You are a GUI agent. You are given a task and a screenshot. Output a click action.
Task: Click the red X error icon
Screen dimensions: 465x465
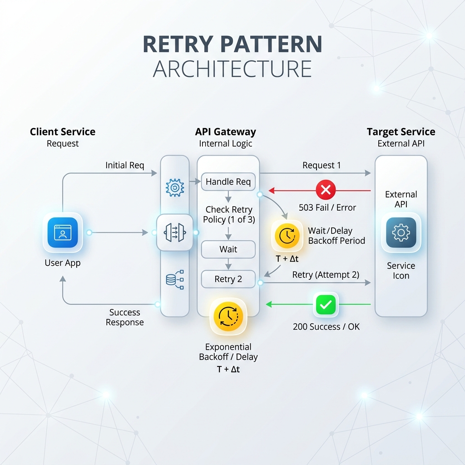[326, 189]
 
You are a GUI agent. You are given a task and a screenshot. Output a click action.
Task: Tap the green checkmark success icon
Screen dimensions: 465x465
[326, 304]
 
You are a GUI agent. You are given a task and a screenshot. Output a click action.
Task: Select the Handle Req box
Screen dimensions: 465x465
[228, 182]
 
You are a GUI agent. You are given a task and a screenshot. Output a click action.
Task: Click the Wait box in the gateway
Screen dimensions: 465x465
[228, 249]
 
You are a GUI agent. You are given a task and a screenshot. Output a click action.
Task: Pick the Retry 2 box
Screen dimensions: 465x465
[228, 279]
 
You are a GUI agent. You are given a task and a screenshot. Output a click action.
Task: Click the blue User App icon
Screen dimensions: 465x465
[63, 232]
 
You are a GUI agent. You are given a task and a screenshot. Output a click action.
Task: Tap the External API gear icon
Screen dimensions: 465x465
[401, 232]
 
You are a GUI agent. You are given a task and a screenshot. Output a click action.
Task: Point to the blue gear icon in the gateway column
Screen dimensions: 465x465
[175, 188]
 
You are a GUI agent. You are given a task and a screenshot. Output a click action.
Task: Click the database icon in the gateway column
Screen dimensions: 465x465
[175, 279]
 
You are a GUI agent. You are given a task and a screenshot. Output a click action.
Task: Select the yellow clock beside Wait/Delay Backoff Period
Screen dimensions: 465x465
[287, 236]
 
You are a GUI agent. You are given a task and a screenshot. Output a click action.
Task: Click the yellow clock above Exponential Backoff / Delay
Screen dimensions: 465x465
[228, 317]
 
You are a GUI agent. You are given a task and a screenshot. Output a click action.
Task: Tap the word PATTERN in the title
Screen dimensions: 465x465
[271, 44]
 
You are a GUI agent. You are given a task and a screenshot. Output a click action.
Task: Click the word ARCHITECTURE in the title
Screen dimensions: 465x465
[232, 69]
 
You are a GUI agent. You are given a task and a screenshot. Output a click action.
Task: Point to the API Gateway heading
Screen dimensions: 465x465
[225, 132]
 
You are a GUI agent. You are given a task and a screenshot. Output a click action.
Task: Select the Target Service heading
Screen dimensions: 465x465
[401, 132]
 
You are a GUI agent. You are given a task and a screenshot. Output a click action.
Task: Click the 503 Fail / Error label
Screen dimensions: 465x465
[327, 208]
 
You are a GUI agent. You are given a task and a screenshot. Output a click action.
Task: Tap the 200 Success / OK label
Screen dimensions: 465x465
[326, 326]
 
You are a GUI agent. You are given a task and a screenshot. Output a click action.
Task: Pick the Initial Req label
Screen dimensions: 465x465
[124, 165]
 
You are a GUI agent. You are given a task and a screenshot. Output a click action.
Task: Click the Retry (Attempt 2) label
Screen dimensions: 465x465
[326, 275]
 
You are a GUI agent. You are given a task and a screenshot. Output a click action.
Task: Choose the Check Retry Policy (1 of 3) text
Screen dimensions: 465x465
[229, 214]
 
